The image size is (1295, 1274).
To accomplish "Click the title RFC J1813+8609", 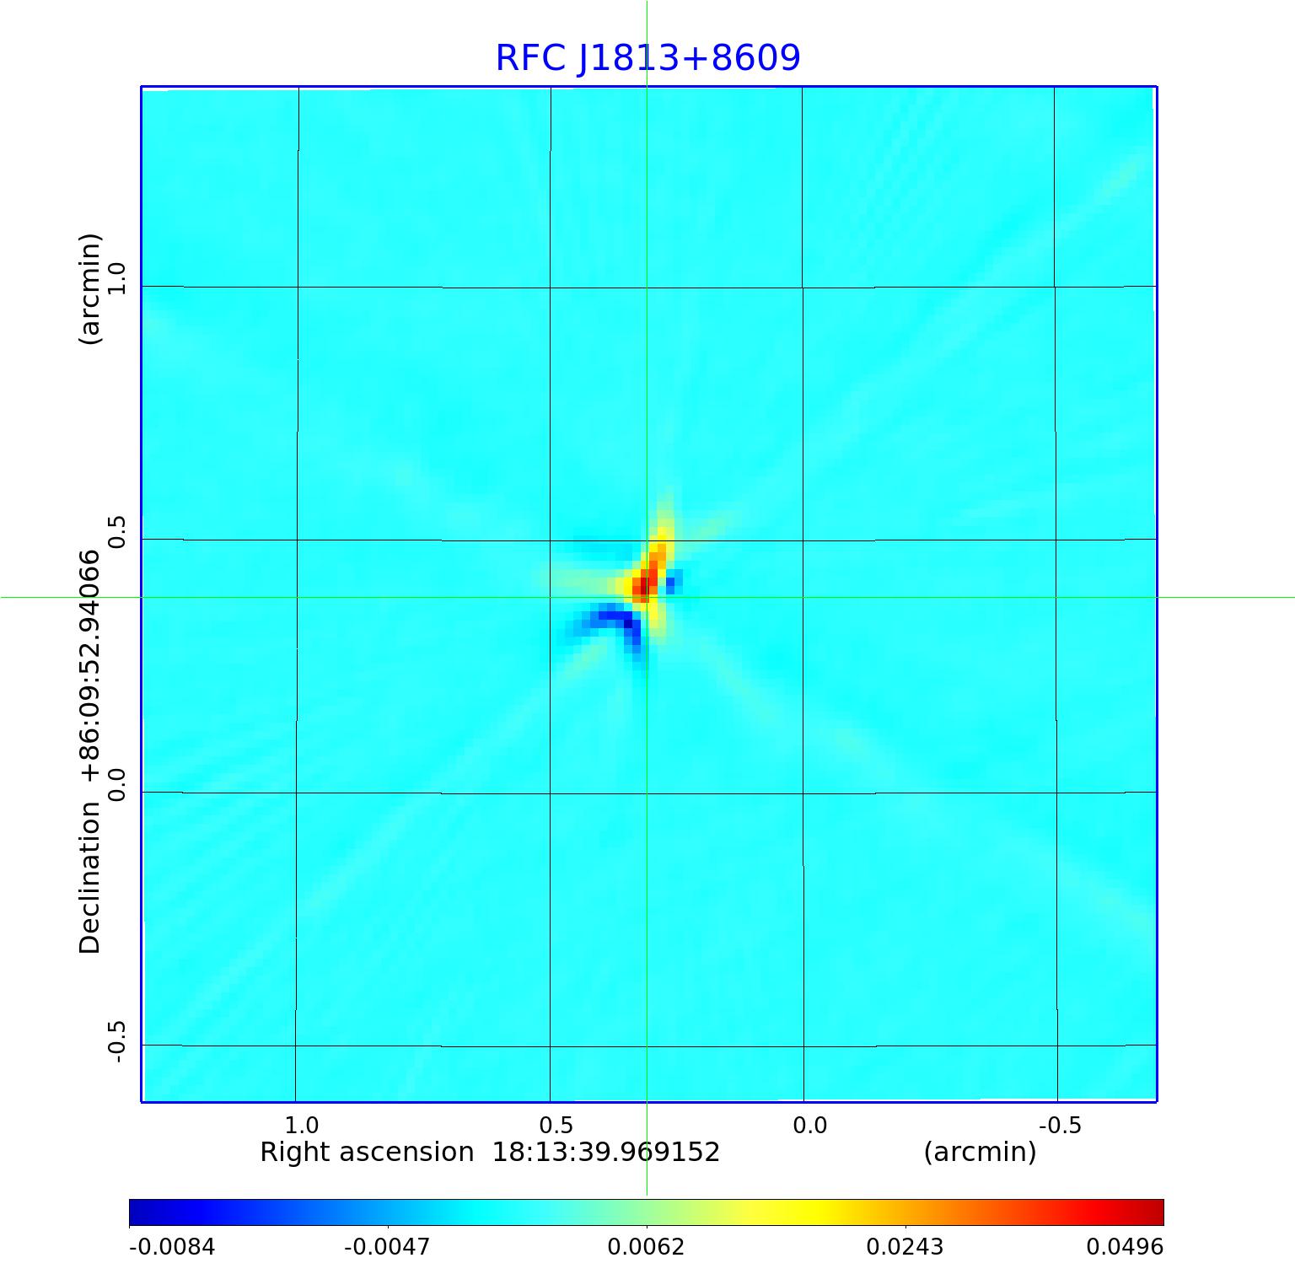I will [647, 58].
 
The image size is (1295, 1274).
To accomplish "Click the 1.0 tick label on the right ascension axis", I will [301, 1125].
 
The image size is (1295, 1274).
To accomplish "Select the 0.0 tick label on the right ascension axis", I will [809, 1125].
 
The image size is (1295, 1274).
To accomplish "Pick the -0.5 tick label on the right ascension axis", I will [1059, 1125].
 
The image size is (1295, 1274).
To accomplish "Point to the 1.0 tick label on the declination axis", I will [116, 278].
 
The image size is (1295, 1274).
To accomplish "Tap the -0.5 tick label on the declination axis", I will [116, 1042].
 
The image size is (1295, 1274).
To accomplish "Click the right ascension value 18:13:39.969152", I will [605, 1152].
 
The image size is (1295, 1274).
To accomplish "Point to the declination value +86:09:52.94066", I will [90, 665].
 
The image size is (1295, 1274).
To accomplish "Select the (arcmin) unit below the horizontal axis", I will [980, 1152].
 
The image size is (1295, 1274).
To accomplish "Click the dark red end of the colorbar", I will [1155, 1212].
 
